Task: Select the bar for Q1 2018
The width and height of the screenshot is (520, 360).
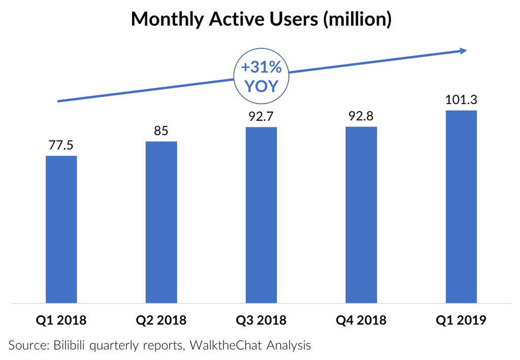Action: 61,230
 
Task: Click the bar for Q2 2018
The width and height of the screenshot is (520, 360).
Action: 161,222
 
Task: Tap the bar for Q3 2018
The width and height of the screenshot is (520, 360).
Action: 261,215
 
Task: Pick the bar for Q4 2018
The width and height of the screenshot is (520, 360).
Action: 361,215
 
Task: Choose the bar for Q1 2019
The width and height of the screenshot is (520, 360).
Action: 461,207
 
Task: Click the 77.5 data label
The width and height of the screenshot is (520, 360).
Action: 61,145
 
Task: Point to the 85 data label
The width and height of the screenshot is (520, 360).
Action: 161,131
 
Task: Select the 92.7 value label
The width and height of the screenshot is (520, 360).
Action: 261,116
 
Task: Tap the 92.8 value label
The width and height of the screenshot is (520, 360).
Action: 361,116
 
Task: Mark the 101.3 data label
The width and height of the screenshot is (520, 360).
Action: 461,100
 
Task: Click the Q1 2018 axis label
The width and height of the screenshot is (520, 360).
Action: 61,320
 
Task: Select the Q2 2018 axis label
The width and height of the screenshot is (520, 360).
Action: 161,320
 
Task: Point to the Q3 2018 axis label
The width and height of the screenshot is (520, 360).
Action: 261,320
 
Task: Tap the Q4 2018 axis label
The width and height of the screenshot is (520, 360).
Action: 361,320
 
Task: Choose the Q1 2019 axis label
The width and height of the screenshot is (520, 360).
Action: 461,320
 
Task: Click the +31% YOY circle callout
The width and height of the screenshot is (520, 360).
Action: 261,76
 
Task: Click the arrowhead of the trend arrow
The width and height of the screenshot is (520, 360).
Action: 463,50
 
